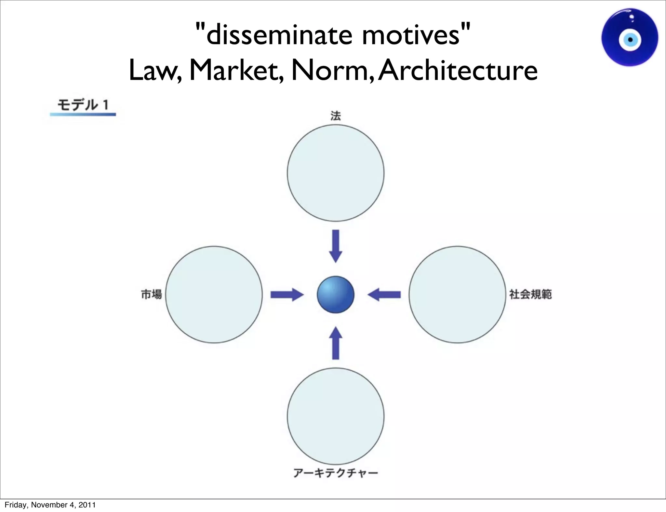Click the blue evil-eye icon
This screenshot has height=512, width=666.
click(630, 38)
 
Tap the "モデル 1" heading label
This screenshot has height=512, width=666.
click(83, 105)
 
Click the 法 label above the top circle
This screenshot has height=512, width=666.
click(336, 116)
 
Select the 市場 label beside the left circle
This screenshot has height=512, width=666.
click(151, 294)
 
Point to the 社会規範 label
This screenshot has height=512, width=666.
click(530, 294)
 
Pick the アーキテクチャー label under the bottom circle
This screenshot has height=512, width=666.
click(336, 473)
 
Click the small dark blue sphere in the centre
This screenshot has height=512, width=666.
click(336, 294)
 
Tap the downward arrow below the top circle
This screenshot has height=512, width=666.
click(336, 246)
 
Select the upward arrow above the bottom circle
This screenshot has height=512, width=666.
click(336, 343)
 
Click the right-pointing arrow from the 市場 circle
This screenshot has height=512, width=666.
click(287, 294)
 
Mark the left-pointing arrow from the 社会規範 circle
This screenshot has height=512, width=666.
click(384, 294)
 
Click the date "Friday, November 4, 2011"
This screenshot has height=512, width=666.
click(50, 505)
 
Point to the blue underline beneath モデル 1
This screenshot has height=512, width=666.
click(83, 114)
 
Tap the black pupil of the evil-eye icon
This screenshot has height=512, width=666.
click(630, 40)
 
